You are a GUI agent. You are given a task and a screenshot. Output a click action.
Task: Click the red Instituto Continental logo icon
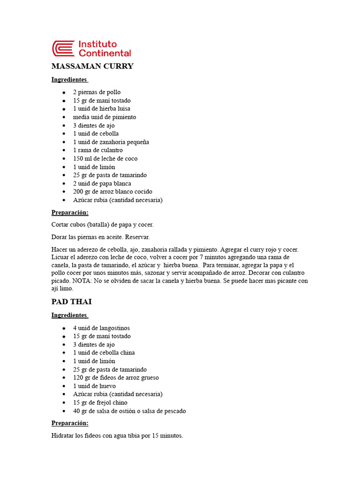[63, 48]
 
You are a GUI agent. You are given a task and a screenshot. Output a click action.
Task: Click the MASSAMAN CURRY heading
[92, 66]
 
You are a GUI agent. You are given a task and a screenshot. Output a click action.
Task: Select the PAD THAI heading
[71, 301]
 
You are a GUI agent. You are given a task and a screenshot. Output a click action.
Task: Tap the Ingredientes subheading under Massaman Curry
[69, 80]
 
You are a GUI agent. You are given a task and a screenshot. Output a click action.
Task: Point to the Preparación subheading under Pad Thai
[70, 423]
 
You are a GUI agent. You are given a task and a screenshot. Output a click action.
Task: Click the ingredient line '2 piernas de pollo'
[97, 92]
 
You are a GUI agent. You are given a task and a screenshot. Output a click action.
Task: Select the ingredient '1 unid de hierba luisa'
[101, 109]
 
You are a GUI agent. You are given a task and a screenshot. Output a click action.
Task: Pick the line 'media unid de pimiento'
[104, 117]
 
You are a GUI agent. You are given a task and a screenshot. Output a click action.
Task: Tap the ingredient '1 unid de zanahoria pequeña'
[111, 142]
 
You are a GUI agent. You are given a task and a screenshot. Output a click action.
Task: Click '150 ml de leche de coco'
[105, 158]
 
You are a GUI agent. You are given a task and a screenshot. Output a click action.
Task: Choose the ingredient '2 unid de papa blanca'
[102, 183]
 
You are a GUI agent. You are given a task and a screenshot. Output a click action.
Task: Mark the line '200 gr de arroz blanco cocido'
[112, 192]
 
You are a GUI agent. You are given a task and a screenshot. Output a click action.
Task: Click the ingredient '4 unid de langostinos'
[101, 328]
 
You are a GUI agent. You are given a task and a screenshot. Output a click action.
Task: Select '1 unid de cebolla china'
[104, 353]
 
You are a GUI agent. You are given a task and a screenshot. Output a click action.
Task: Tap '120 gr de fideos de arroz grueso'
[115, 378]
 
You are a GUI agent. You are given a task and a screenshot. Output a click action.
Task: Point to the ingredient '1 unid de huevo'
[94, 386]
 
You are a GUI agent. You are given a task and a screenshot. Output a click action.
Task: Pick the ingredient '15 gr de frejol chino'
[100, 403]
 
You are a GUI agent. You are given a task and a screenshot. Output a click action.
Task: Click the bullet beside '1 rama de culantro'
[63, 150]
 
